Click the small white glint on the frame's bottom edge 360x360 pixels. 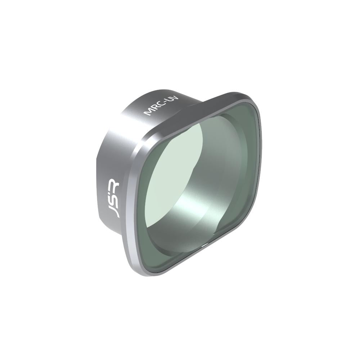205,244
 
